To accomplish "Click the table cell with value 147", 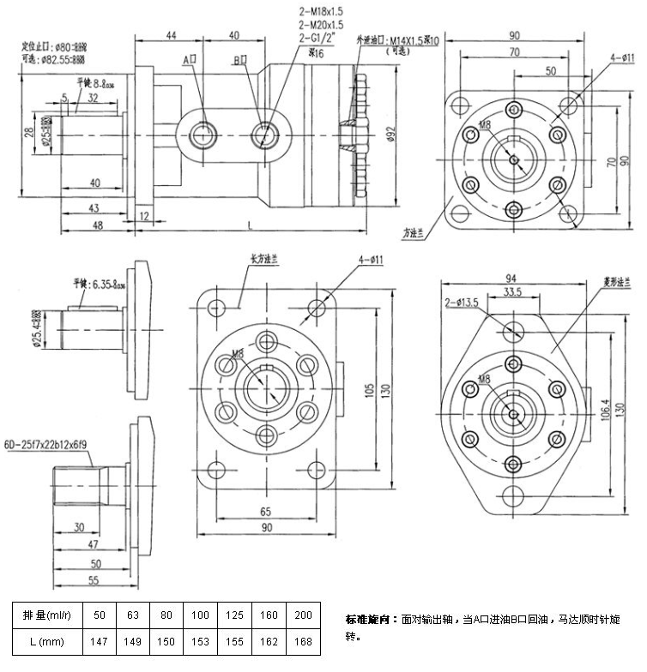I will click(100, 640).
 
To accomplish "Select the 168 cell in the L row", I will click(303, 640).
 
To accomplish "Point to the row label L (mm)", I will click(44, 640).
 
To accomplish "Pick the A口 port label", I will click(190, 60).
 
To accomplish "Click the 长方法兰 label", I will click(261, 257).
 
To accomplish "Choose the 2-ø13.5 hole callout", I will click(460, 303).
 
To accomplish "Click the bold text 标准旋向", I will click(372, 619).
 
